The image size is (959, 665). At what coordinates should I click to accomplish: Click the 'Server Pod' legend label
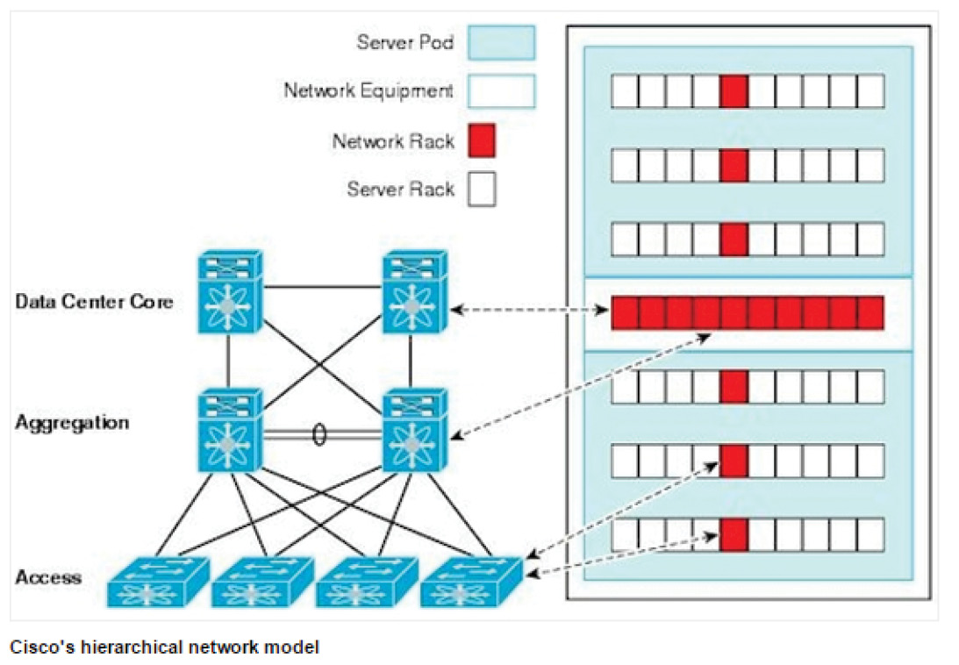click(404, 42)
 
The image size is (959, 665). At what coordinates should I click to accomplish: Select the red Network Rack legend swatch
click(482, 140)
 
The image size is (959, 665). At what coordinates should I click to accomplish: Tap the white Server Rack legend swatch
click(482, 189)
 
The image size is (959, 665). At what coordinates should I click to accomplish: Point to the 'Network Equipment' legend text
click(369, 90)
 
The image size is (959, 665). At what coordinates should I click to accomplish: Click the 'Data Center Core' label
click(94, 303)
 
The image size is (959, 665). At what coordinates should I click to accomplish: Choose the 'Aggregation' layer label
click(72, 423)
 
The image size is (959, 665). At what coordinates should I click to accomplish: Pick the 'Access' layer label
click(48, 577)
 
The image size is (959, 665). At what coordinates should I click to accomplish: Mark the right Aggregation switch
click(414, 430)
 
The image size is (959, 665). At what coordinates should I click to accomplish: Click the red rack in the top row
click(734, 90)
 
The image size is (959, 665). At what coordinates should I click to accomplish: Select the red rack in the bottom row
click(734, 534)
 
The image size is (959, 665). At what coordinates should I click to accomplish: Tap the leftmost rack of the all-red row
click(625, 312)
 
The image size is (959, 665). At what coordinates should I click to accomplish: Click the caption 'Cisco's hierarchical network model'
click(165, 647)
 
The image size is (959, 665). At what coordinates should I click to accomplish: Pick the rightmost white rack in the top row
click(870, 90)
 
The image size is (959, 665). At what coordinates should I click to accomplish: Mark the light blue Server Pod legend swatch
click(501, 42)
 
